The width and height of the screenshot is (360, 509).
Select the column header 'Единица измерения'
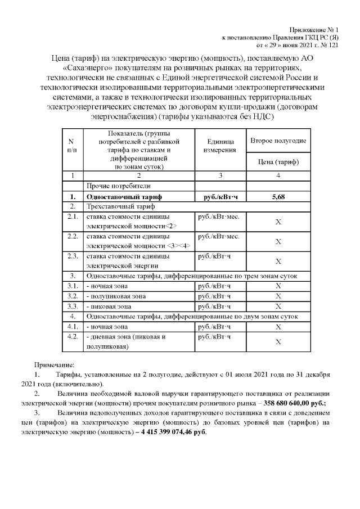(x=220, y=146)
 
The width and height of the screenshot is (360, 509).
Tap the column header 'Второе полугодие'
(x=278, y=141)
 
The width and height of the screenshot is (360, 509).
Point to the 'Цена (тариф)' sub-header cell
(x=278, y=162)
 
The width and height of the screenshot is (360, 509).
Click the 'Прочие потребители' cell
(x=118, y=186)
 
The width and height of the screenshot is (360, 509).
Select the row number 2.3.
(x=72, y=256)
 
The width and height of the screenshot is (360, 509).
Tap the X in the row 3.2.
(x=278, y=296)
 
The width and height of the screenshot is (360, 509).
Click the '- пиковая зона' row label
(x=109, y=307)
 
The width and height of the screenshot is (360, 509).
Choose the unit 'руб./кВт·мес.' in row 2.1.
(x=219, y=217)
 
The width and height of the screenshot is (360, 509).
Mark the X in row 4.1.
(x=278, y=327)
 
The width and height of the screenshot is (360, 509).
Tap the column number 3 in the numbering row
(x=220, y=175)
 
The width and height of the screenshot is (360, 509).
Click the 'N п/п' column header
(x=72, y=146)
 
